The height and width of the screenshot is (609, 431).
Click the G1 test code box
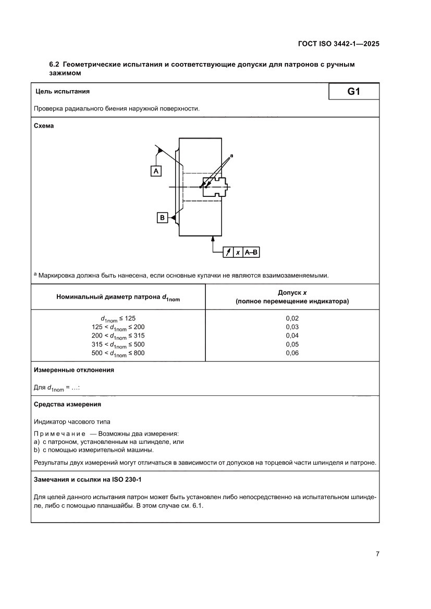click(x=354, y=92)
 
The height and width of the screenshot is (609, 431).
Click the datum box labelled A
click(x=156, y=170)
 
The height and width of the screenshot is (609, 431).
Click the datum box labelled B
click(x=162, y=218)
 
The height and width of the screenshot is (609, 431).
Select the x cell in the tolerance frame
click(x=238, y=252)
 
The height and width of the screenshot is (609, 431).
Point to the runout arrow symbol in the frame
click(x=228, y=252)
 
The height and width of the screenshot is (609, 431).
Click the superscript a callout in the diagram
click(x=231, y=155)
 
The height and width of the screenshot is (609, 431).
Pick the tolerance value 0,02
click(x=292, y=318)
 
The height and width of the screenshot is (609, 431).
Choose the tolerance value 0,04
click(x=292, y=335)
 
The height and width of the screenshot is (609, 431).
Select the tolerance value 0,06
click(x=292, y=353)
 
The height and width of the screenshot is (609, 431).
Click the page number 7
click(x=377, y=554)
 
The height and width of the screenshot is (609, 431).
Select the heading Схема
click(x=44, y=126)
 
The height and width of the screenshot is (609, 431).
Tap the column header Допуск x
click(x=292, y=293)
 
